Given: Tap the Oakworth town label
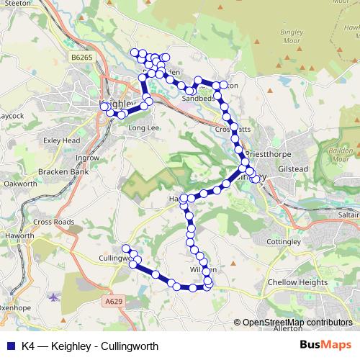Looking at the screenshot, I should click(20, 184).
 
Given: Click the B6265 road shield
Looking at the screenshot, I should click(84, 56).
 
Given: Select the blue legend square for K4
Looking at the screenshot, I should click(8, 346).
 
